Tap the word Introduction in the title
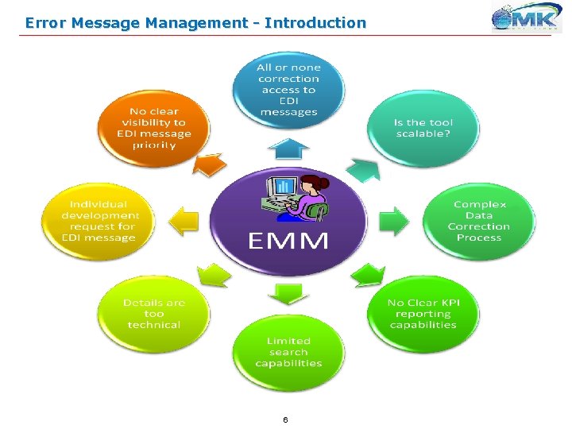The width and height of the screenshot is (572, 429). tap(315, 23)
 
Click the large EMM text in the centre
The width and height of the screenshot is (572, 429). tap(288, 241)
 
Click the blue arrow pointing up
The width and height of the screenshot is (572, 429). tap(288, 147)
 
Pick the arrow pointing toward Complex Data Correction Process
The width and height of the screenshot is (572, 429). tap(393, 219)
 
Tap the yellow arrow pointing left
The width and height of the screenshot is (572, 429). tap(184, 220)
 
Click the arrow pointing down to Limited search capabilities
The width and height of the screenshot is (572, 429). tap(288, 293)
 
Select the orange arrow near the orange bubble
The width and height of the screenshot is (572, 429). tap(210, 164)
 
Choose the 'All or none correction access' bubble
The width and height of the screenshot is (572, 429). tap(288, 89)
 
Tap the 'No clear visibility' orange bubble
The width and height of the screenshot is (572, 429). tap(153, 128)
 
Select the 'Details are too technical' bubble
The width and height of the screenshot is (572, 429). tap(153, 313)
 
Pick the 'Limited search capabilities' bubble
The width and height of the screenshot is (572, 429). tap(288, 351)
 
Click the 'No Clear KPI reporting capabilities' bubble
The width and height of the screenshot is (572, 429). tap(423, 313)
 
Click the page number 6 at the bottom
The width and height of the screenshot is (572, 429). tap(285, 419)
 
